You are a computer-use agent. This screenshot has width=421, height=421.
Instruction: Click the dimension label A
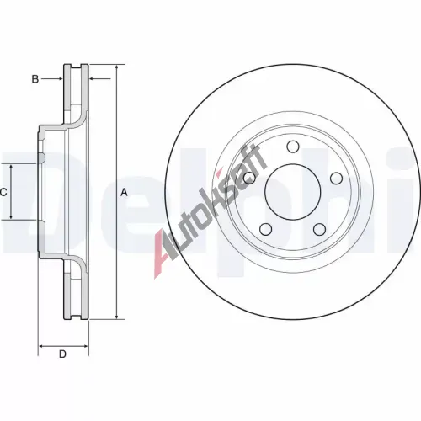point(124,193)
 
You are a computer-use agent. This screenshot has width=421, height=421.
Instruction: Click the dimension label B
point(35,79)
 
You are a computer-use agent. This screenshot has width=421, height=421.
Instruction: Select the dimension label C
point(3,192)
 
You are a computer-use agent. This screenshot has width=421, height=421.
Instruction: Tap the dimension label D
point(62,354)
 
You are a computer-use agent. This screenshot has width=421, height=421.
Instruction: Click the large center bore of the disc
point(292,192)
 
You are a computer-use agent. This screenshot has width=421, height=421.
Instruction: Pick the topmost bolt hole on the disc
point(293,147)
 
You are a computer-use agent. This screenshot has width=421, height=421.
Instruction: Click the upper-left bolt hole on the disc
point(249,178)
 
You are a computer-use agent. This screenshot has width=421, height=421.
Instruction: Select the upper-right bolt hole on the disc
point(336,179)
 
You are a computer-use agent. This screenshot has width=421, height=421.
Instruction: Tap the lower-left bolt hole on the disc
point(266,229)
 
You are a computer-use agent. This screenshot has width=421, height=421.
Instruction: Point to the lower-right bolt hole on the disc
point(319,229)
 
